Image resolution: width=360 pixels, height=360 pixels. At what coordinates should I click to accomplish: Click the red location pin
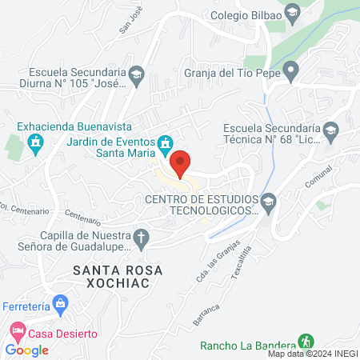(181, 163)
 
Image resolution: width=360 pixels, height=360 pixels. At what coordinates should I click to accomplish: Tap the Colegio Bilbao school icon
(293, 12)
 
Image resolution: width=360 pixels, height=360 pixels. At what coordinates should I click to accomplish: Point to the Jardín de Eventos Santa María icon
(165, 144)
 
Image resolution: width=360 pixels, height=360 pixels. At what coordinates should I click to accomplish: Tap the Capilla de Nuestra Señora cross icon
(141, 237)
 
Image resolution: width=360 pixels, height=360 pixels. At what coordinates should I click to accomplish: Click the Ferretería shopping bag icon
(59, 304)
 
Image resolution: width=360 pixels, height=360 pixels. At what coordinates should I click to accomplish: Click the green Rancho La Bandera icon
(305, 341)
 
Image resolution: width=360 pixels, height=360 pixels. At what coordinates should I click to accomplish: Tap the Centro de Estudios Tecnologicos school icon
(268, 200)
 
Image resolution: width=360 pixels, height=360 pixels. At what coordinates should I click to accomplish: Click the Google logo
(27, 350)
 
